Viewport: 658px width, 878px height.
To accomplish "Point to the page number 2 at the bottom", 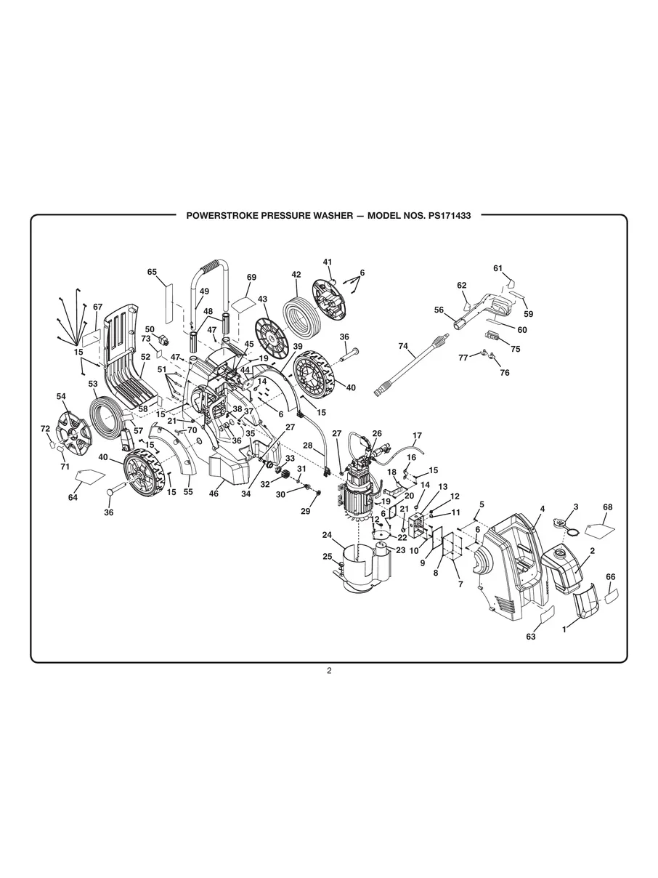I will (x=329, y=671).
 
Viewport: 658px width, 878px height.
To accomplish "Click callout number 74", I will (x=403, y=347).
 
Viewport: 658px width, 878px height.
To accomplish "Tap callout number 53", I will (x=93, y=383).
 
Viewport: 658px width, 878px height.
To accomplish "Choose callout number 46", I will (x=214, y=494).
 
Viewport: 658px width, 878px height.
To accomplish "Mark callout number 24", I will (x=328, y=535).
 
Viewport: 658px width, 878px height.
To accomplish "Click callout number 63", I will (x=531, y=637).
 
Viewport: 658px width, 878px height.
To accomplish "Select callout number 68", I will (x=608, y=507).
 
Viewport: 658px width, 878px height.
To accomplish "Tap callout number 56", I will (x=439, y=310).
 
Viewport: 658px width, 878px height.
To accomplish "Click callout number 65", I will (x=152, y=272).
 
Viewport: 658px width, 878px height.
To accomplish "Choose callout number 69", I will (x=251, y=278).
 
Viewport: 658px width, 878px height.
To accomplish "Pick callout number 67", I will (x=98, y=307).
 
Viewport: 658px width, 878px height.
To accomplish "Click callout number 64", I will (x=73, y=498).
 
